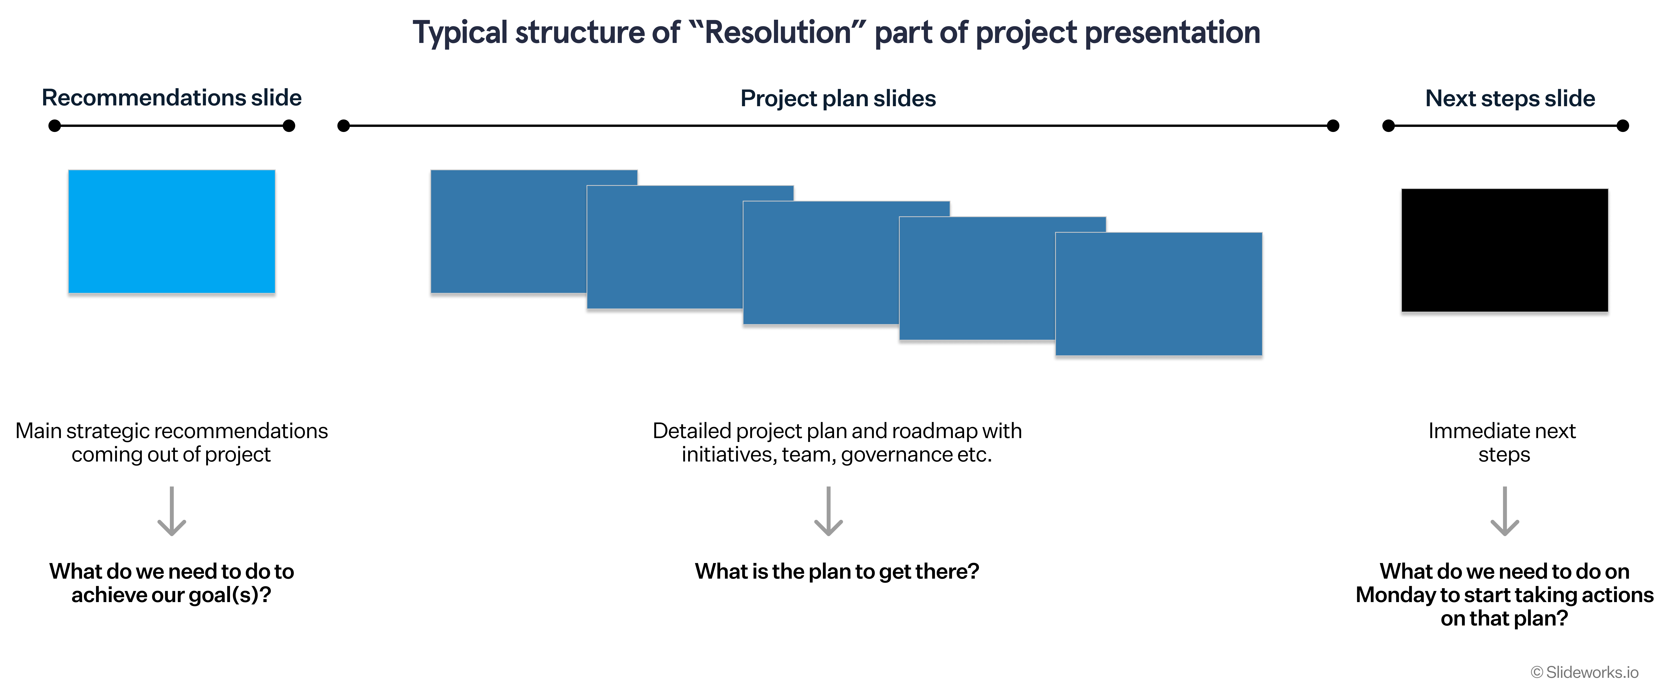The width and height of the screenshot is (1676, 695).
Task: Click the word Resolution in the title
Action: (x=778, y=33)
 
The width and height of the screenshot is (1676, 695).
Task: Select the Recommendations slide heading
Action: (x=172, y=98)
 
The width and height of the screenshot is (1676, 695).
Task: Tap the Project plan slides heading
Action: (x=838, y=98)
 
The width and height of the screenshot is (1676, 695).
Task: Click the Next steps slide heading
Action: (x=1510, y=98)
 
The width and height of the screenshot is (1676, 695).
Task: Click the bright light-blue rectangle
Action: (x=172, y=232)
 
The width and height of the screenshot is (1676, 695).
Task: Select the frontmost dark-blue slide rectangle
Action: (x=1159, y=294)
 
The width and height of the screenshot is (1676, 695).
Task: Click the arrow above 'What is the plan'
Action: (x=828, y=511)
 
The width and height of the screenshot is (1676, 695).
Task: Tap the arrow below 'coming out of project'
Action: (x=172, y=511)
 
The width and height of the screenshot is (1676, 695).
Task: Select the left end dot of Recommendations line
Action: (x=55, y=126)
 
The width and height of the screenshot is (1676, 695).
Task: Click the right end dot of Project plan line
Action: (x=1333, y=126)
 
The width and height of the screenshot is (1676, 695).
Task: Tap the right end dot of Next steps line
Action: (x=1623, y=126)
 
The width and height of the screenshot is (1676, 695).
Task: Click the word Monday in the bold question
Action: (x=1396, y=595)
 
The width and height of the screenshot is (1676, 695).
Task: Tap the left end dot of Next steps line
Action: (x=1388, y=126)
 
